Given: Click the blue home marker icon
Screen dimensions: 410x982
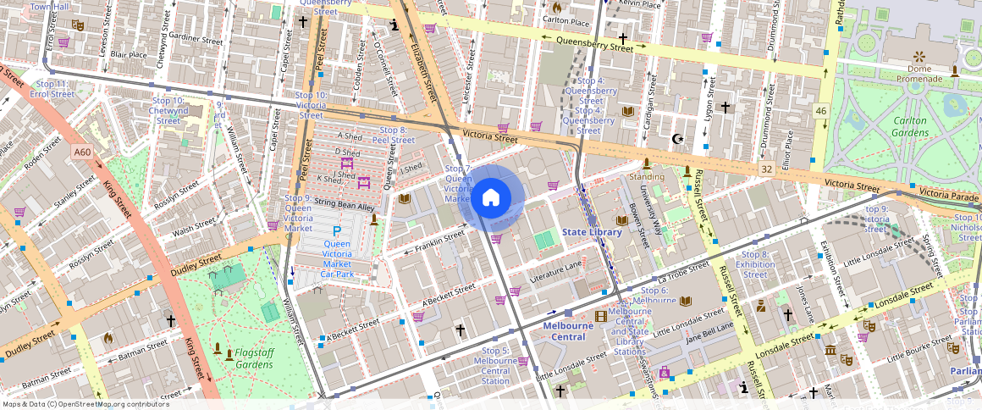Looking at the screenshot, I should [491, 198].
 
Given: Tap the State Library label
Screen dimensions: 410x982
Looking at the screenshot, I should [592, 232].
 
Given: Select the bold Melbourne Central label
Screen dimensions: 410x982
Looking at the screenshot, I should [565, 331].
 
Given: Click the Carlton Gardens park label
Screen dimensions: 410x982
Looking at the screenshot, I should [910, 126].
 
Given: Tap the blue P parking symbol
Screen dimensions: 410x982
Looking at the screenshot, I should [337, 231].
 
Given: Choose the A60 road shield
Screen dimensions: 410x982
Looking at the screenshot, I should [82, 152].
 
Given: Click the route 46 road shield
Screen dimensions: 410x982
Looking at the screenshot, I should [820, 110].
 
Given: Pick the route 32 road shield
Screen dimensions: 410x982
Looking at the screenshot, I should [766, 169].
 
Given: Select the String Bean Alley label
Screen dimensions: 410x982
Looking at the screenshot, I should [344, 206].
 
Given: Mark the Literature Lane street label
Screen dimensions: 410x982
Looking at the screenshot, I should [556, 271].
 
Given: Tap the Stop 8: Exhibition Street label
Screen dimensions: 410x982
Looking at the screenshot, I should [755, 264].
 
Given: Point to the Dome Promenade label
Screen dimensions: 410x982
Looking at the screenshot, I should [919, 74].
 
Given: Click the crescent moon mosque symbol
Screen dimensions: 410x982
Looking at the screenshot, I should [676, 139].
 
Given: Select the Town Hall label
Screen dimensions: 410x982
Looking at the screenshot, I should [49, 7].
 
